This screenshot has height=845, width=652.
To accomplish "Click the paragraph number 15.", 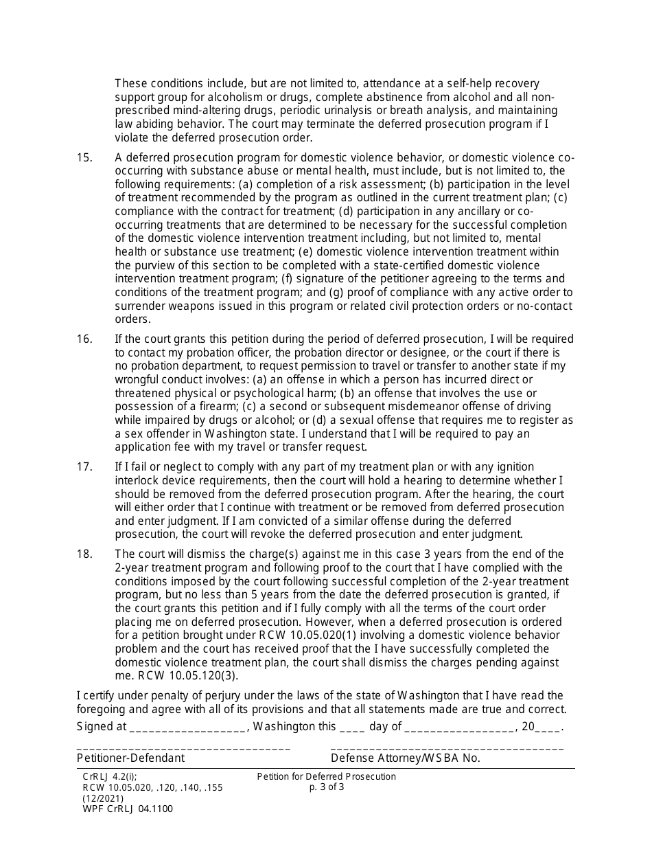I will [x=84, y=158].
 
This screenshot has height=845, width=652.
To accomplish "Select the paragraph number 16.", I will [x=84, y=339].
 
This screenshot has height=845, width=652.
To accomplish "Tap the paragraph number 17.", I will [x=84, y=467].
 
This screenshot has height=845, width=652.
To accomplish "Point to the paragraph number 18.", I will [x=84, y=554].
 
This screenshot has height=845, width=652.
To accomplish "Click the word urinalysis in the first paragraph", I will [x=358, y=111].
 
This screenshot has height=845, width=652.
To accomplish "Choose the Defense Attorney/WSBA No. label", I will [x=405, y=758].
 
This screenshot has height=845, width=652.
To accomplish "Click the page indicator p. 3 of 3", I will [x=327, y=787].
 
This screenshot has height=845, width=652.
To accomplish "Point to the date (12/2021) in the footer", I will [x=103, y=798].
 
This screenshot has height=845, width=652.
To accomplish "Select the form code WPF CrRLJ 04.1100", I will [x=128, y=809].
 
